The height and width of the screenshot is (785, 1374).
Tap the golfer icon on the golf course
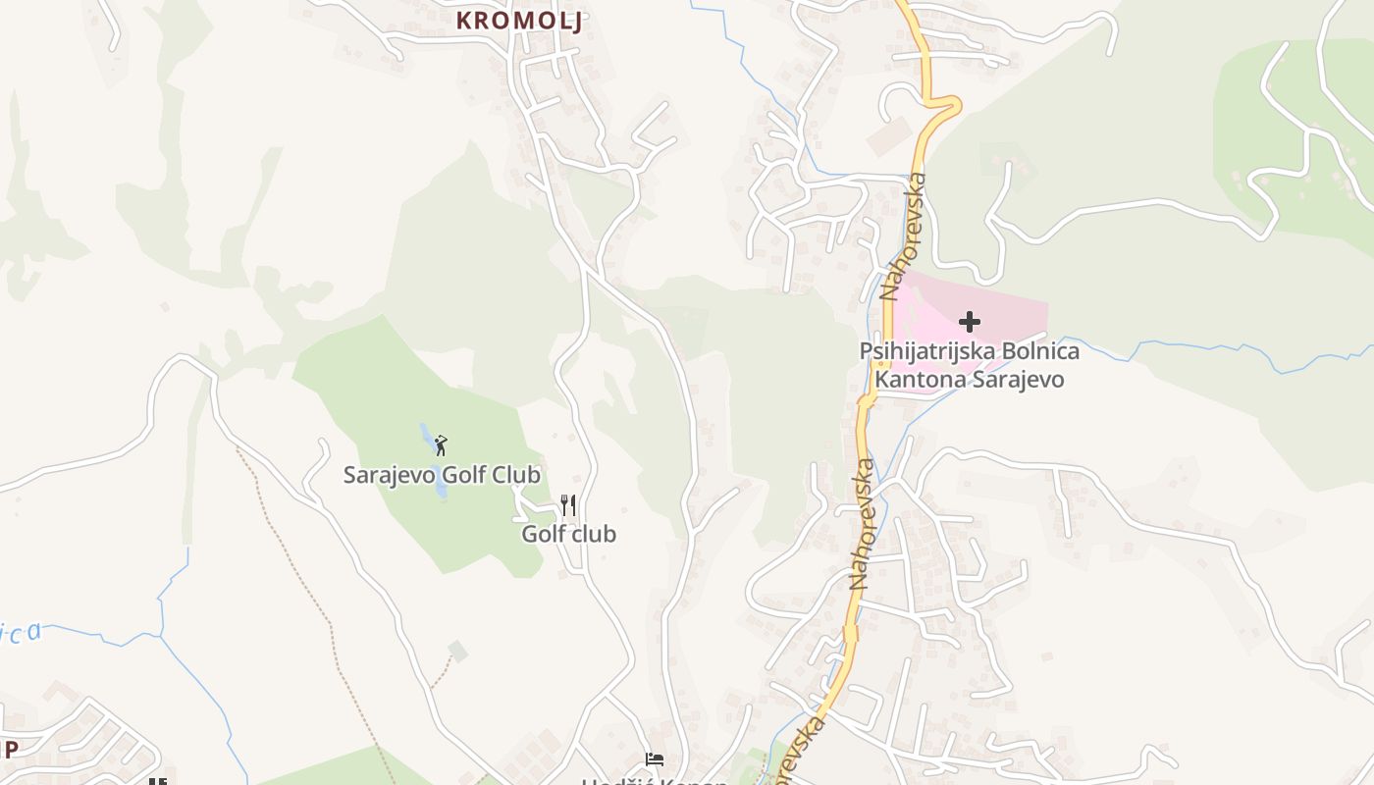(441, 445)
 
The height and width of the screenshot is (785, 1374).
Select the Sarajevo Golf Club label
(442, 475)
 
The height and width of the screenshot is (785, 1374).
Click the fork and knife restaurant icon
(568, 505)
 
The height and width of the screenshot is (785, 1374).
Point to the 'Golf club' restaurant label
(568, 534)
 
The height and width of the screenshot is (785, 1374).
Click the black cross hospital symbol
(970, 322)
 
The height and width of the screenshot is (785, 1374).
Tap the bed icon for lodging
(655, 759)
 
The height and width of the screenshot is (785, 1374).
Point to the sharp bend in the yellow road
(950, 103)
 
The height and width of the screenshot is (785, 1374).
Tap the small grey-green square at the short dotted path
(457, 651)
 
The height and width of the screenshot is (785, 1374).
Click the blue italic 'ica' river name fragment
(22, 633)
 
